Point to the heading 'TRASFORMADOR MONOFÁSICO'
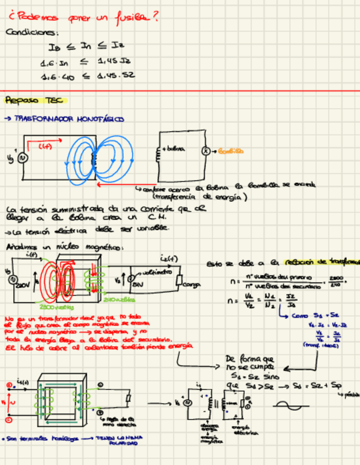pyautogui.click(x=71, y=119)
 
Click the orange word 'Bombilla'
pyautogui.click(x=230, y=151)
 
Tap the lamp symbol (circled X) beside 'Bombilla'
pyautogui.click(x=206, y=151)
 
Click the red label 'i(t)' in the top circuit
pyautogui.click(x=45, y=146)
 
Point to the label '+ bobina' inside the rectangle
pyautogui.click(x=173, y=149)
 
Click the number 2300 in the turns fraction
pyautogui.click(x=336, y=278)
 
